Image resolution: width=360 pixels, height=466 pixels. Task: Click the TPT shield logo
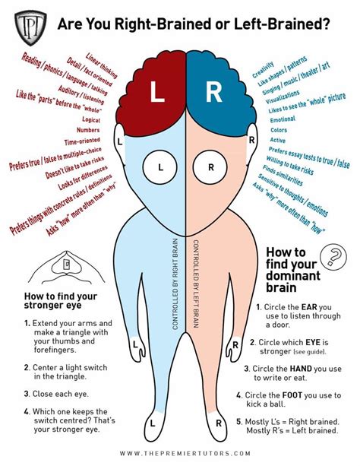point(30,27)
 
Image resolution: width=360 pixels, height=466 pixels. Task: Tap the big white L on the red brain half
point(157,92)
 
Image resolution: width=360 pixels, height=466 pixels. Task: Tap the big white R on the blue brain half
point(214,92)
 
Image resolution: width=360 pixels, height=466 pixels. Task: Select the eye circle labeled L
point(159,167)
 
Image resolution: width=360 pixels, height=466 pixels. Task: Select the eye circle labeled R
point(210,167)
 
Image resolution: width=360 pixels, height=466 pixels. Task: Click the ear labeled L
point(119,142)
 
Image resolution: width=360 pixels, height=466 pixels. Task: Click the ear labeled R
point(252,141)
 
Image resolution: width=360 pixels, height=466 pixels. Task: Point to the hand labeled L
point(137,344)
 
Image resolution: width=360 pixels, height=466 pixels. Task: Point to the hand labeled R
point(234,346)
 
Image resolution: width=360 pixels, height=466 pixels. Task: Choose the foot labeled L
point(153,424)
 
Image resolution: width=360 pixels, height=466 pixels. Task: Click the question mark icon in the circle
point(333,257)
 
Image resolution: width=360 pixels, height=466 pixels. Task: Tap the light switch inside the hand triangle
point(67,265)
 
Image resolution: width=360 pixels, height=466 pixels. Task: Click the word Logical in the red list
point(91,119)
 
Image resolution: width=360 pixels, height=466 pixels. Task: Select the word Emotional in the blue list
point(283,119)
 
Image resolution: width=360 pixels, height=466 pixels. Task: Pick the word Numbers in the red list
point(88,130)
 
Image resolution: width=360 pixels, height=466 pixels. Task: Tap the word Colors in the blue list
point(279,130)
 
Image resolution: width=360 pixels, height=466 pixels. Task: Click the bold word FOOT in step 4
point(292,395)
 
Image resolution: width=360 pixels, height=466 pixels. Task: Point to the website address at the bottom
point(185,453)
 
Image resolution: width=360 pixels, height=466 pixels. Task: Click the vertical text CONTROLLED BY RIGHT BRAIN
point(175,284)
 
